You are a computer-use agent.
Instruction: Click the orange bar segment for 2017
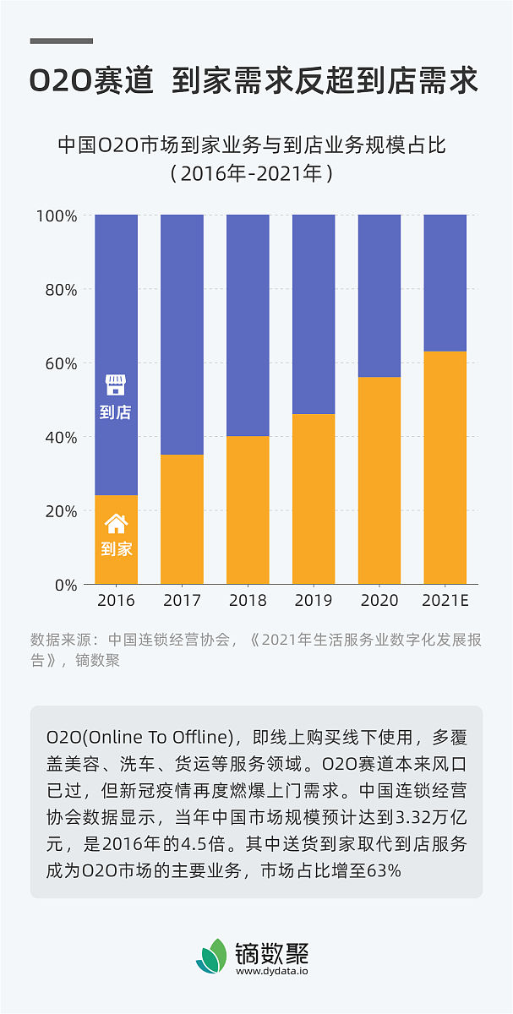click(182, 519)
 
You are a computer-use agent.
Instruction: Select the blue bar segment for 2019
click(314, 313)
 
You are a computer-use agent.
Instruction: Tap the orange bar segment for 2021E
click(445, 467)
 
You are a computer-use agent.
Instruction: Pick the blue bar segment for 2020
click(379, 296)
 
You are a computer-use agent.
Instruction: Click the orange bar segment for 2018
click(248, 510)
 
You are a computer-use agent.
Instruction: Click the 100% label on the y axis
click(57, 216)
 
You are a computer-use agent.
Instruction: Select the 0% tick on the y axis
click(65, 585)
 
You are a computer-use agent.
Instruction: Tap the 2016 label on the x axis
click(116, 601)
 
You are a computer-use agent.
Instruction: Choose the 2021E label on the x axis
click(445, 601)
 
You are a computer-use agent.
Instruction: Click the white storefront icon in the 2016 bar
click(116, 385)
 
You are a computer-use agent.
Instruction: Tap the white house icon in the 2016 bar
click(116, 523)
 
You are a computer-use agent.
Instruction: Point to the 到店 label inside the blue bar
click(116, 412)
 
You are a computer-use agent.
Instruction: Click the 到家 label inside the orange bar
click(116, 548)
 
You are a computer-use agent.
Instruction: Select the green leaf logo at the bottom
click(211, 956)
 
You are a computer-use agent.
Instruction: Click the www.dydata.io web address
click(272, 971)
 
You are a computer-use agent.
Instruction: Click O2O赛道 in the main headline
click(91, 81)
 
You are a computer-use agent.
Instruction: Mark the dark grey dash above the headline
click(62, 41)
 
